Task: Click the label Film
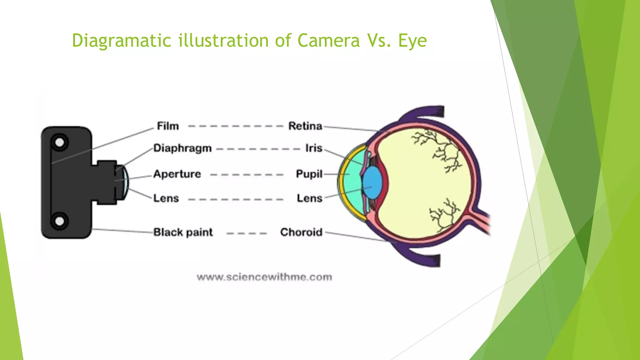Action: [x=168, y=126]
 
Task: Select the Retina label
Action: [x=305, y=126]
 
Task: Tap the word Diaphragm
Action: [x=182, y=148]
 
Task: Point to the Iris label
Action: [x=314, y=148]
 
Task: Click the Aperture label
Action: [x=177, y=174]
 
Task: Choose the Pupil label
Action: [x=309, y=174]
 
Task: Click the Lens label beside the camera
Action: [x=166, y=198]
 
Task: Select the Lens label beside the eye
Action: [x=309, y=198]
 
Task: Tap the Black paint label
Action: [x=183, y=232]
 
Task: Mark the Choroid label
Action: [x=301, y=232]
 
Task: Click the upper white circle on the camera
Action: [x=59, y=142]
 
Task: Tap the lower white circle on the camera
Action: [x=59, y=221]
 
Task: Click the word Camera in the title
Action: [x=328, y=41]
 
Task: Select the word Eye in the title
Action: [x=412, y=41]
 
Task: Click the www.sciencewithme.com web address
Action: [x=264, y=277]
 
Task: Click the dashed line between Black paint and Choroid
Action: [x=247, y=233]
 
